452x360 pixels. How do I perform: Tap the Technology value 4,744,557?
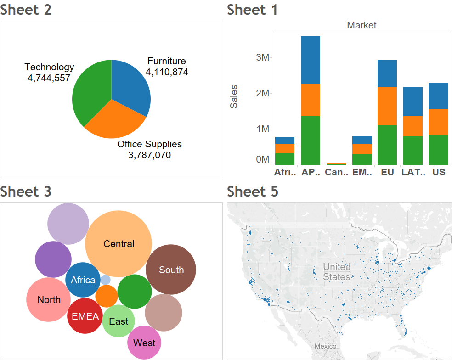pos(49,78)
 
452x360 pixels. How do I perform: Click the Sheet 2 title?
pos(26,10)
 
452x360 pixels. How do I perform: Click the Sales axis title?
pos(234,96)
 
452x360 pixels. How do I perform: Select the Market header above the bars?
pos(362,25)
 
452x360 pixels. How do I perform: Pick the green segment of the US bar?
pos(438,150)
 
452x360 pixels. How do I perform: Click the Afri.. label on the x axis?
pos(284,172)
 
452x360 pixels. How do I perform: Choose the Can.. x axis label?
pos(336,172)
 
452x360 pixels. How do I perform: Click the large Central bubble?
pos(119,244)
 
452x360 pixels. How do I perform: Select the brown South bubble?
pos(171,270)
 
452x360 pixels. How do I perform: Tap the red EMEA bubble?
pos(85,316)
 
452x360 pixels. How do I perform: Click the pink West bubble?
pos(144,343)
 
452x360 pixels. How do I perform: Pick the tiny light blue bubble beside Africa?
pos(106,280)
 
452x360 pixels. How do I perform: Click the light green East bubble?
pos(119,321)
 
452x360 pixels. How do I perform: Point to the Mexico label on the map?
pos(325,346)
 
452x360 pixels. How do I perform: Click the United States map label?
pos(336,272)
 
